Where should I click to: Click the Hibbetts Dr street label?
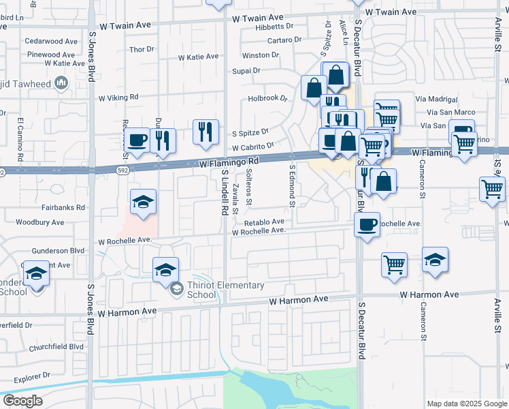coord(274,27)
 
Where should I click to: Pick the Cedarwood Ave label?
coord(52,41)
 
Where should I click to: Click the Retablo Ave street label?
coord(264,222)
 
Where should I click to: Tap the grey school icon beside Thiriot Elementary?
coord(177,290)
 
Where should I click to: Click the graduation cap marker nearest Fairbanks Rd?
coord(143,202)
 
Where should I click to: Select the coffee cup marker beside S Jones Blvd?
coord(137,139)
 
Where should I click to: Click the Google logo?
coord(22,401)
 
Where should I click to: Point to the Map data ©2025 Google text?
coord(466,404)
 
